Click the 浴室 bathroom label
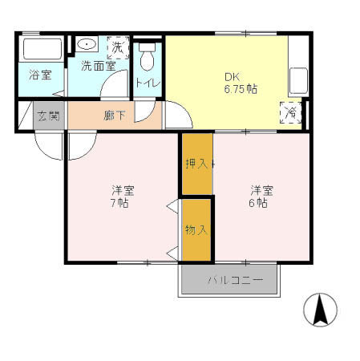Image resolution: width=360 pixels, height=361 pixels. pos(39,75)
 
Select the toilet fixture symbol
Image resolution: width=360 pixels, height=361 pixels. pos(146,58)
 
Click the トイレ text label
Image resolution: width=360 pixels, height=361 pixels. pos(147,83)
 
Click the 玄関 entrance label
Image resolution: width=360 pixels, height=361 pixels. pos(47,116)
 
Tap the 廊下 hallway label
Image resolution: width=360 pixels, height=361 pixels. pos(114,116)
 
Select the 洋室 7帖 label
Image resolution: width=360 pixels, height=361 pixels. pos(122,196)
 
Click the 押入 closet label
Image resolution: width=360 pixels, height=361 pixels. pos(196,164)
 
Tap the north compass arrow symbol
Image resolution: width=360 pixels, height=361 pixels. pos(319,310)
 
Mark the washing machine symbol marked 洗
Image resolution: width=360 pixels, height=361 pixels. pos(117,46)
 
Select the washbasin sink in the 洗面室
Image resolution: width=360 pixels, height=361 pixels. pos(87,45)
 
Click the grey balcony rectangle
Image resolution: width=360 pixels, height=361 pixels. pos(233,280)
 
